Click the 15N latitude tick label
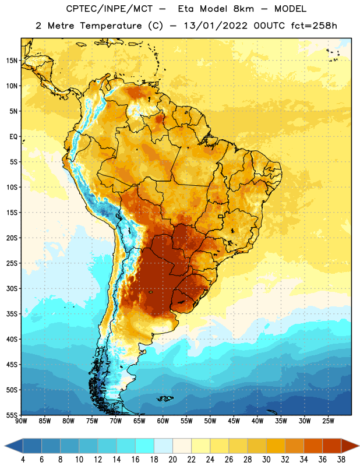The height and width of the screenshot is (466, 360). (12, 61)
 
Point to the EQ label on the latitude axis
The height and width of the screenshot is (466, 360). (13, 137)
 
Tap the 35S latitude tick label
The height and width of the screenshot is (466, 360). (12, 314)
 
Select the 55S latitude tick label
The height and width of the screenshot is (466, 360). (12, 415)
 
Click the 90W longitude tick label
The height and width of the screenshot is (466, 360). (21, 421)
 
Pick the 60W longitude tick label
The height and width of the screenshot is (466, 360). (163, 421)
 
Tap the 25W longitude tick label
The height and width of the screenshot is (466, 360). (328, 421)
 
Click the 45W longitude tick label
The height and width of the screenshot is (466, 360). (234, 421)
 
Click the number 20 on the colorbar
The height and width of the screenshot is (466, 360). (172, 460)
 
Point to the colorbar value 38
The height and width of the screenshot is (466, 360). (341, 460)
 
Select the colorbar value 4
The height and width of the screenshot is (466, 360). (23, 460)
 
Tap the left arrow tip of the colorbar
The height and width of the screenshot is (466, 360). (5, 446)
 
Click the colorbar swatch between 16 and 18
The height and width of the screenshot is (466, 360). (145, 446)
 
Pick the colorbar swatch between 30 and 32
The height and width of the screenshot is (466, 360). (276, 446)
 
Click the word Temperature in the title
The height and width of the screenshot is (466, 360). (111, 26)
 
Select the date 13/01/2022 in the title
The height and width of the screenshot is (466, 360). (216, 26)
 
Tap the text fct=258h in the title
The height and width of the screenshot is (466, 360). (314, 26)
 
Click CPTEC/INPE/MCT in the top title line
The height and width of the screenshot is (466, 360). (109, 9)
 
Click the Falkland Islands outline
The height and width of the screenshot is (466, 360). (164, 398)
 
